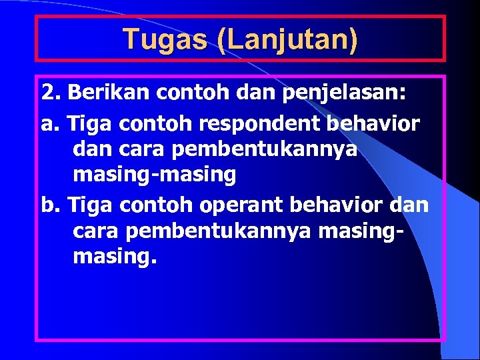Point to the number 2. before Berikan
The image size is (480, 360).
(51, 91)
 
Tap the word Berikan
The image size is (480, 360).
(109, 91)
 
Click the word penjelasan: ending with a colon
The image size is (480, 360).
(344, 91)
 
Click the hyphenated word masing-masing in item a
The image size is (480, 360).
(154, 175)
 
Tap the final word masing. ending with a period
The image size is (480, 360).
(115, 255)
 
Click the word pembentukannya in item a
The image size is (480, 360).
(264, 150)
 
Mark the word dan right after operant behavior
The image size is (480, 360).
(413, 204)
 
